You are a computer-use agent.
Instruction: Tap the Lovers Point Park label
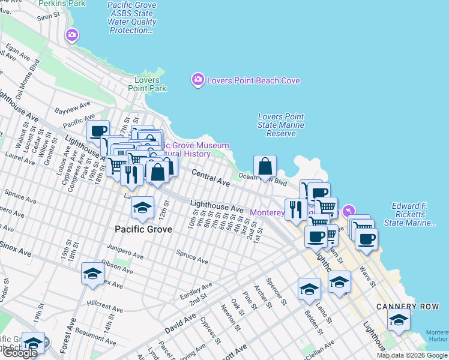tap(147, 84)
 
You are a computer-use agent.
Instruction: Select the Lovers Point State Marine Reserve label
tap(281, 125)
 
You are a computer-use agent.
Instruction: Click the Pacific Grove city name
tap(143, 229)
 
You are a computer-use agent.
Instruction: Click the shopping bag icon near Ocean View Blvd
tap(265, 166)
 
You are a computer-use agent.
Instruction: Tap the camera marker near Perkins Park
tap(72, 35)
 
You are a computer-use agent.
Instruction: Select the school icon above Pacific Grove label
tap(142, 208)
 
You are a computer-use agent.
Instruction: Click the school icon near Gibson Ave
tap(92, 274)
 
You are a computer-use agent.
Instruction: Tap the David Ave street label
tap(181, 323)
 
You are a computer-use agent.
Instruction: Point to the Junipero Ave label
tap(125, 251)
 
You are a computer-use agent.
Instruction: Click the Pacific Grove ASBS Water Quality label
tap(131, 17)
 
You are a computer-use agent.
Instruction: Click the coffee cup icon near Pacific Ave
tap(98, 131)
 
